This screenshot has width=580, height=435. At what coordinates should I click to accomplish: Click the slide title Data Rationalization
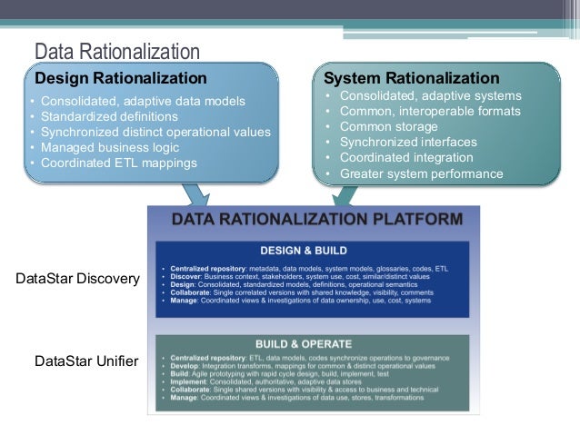[x=116, y=51]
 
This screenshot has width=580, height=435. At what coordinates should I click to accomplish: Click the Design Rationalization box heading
[x=120, y=78]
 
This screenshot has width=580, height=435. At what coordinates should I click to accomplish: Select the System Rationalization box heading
[x=411, y=78]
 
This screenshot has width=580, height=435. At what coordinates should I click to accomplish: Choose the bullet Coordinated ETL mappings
[x=118, y=163]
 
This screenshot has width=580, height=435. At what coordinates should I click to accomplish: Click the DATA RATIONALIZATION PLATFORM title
[x=317, y=219]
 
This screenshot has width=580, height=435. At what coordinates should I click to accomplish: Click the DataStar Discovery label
[x=78, y=279]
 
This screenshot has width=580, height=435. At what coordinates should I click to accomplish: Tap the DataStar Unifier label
[x=86, y=361]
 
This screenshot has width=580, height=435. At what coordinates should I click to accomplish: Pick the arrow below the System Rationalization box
[x=345, y=193]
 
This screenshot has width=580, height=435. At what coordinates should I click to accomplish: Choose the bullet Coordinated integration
[x=406, y=158]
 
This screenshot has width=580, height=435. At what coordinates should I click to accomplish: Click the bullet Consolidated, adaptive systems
[x=430, y=95]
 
